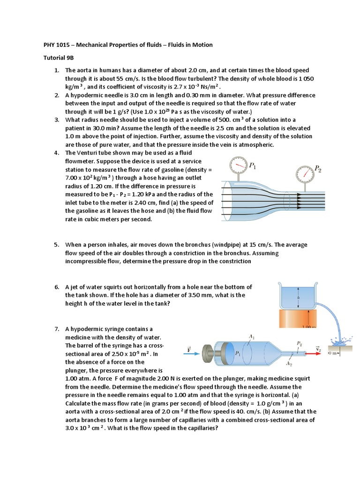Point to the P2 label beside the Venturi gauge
[x=317, y=168]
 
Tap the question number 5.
[x=56, y=245]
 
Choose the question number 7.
[x=56, y=329]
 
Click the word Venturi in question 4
[x=89, y=153]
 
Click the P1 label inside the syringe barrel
[x=239, y=353]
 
